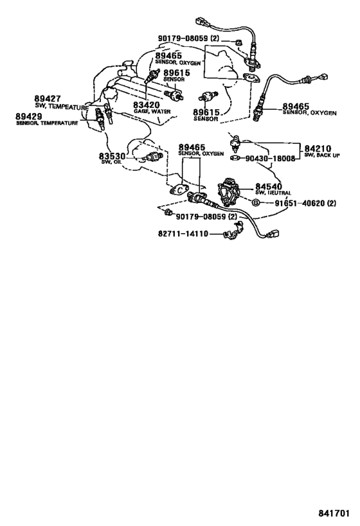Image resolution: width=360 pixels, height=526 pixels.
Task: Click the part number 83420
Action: point(147,105)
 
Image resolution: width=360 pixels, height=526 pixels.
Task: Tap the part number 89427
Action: point(48,99)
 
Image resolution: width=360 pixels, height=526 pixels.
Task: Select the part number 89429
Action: point(29,116)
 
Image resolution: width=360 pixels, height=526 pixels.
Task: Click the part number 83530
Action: point(112,156)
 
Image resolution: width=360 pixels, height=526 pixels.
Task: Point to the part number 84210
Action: point(318,148)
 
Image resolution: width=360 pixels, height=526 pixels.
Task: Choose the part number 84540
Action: point(269,186)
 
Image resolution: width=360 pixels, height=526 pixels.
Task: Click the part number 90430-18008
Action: point(270,159)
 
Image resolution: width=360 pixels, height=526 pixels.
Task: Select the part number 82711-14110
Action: point(183,234)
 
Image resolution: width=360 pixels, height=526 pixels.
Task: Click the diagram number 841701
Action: point(334,513)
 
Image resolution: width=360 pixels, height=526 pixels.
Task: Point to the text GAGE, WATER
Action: point(152,111)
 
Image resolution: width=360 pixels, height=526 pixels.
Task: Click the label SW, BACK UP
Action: point(322,155)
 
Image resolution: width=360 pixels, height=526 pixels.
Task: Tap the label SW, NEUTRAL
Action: point(273,193)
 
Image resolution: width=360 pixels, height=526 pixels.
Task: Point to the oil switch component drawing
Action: point(152,157)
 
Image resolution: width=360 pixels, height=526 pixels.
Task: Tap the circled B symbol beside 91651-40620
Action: point(255,202)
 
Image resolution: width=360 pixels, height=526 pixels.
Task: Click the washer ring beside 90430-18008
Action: point(235,158)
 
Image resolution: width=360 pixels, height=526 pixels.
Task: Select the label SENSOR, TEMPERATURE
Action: point(47,123)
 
